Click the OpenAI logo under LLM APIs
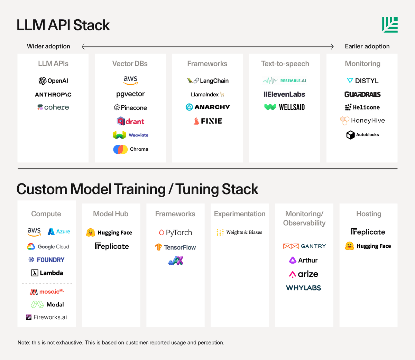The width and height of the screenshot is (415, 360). [x=53, y=81]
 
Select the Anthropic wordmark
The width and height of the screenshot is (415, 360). [x=53, y=95]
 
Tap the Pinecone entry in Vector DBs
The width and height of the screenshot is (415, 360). [x=130, y=107]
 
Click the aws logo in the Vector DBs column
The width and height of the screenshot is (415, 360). [x=130, y=80]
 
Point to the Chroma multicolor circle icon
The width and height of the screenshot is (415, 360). [x=120, y=149]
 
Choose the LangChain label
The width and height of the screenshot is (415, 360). [x=214, y=81]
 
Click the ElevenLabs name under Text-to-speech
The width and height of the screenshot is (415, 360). [x=284, y=94]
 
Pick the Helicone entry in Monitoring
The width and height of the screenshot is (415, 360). [x=362, y=107]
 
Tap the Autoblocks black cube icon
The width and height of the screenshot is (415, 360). [x=350, y=135]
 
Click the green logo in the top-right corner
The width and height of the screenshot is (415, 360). [x=390, y=25]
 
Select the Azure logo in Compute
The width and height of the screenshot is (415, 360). [x=59, y=231]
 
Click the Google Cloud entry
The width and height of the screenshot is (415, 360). [x=48, y=247]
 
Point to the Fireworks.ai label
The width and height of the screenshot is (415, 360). [x=50, y=317]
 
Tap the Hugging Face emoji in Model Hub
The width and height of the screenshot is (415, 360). [x=91, y=233]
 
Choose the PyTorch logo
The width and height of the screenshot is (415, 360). [x=175, y=233]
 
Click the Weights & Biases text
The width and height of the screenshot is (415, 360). [x=244, y=233]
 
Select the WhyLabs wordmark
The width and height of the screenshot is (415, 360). [x=304, y=288]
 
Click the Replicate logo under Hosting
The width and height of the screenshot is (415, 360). [x=368, y=232]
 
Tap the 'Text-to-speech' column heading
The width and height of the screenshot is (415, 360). [x=285, y=64]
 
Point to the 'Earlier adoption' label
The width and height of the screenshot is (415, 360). [x=367, y=46]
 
